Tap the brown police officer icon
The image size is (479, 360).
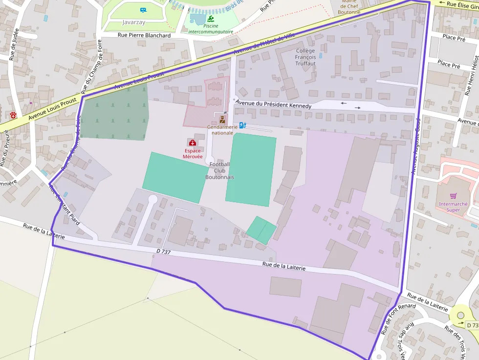(222, 119)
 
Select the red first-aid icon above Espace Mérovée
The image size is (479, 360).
(192, 142)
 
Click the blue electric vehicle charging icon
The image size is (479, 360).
(242, 126)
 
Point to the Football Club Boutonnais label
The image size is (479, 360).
(219, 170)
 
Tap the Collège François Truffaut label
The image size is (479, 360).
(305, 57)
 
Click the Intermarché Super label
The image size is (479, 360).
(453, 207)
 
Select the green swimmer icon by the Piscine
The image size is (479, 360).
(211, 19)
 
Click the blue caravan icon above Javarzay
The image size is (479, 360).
(143, 10)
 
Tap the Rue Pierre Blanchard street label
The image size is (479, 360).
(144, 35)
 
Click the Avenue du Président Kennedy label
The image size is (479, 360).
(273, 105)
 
